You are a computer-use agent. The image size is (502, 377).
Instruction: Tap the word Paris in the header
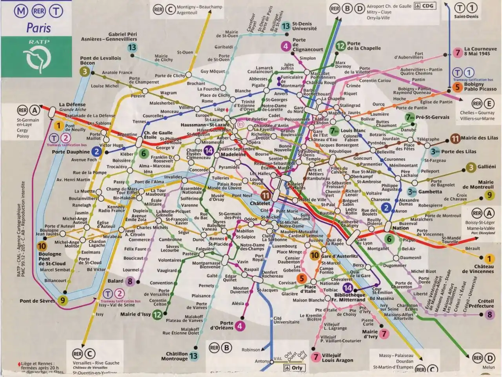tap(38, 28)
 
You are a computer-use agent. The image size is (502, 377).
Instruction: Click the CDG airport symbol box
tap(425, 6)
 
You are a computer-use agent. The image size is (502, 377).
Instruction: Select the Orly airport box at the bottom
tap(294, 368)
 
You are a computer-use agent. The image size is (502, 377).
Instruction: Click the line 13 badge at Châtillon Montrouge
tap(193, 356)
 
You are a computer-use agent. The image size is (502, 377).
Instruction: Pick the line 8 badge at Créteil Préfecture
tap(489, 314)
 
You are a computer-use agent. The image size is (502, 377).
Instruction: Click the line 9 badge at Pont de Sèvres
tap(62, 301)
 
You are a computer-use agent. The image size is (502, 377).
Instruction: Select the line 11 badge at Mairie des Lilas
tap(455, 138)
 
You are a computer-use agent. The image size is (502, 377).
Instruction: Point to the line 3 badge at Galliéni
tap(471, 167)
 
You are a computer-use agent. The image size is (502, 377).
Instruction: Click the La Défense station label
tap(72, 105)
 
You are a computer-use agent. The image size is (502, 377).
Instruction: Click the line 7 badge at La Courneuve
tap(457, 53)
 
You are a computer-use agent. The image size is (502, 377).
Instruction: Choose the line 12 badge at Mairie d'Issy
tap(157, 314)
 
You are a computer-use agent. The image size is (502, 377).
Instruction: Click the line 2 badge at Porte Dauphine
tap(96, 152)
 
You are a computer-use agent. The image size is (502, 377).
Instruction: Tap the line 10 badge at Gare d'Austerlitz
tap(315, 256)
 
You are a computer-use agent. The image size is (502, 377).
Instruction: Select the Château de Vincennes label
tap(478, 269)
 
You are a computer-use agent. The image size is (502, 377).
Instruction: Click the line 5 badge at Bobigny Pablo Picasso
tap(457, 87)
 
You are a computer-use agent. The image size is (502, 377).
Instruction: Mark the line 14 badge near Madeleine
tap(209, 150)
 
